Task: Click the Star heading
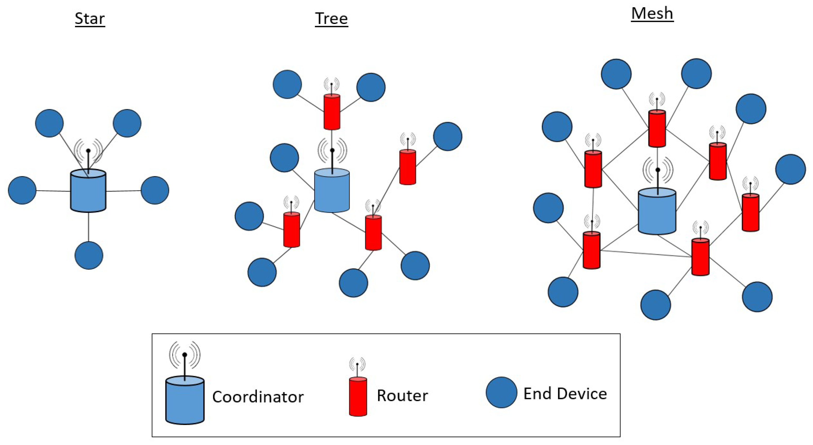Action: (90, 19)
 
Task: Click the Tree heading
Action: (331, 19)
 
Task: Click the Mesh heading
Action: (652, 14)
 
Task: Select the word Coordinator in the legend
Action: (258, 397)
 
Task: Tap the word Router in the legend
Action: (402, 395)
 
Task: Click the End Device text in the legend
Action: (565, 393)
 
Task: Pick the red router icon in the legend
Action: (358, 397)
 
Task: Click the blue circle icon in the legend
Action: (501, 392)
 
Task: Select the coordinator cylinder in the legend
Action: (185, 400)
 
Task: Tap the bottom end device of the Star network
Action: (89, 255)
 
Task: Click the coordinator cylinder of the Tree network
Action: (332, 191)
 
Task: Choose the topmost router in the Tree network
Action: (332, 112)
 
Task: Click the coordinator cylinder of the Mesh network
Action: (657, 211)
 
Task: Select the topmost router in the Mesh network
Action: (657, 129)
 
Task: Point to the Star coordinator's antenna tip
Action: (88, 151)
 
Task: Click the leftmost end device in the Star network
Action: (22, 190)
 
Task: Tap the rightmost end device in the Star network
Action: (155, 190)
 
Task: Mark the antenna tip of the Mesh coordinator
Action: (658, 170)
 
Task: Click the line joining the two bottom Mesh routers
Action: (645, 254)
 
